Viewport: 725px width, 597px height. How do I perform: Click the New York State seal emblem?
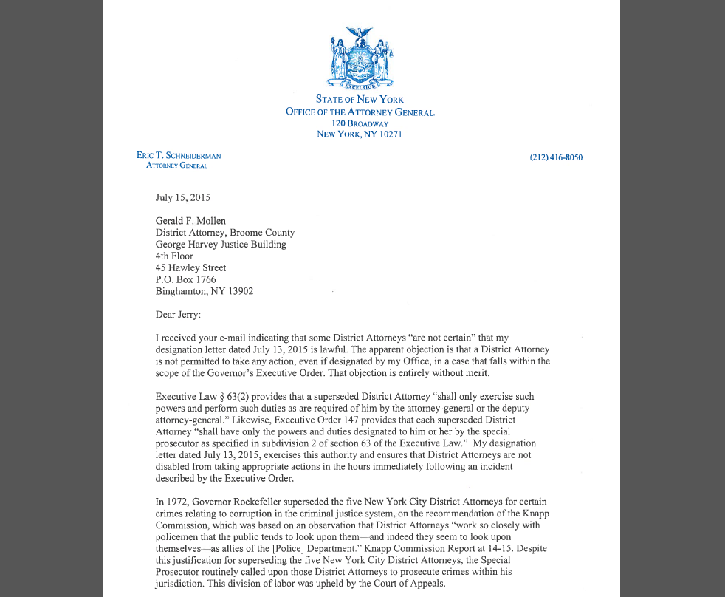coord(360,61)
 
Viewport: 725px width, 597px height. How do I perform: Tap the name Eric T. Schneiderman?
coord(179,156)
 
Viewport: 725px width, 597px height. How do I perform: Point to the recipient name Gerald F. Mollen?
coord(190,221)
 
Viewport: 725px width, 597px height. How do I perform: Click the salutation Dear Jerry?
coord(178,315)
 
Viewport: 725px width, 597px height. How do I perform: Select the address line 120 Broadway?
coord(360,123)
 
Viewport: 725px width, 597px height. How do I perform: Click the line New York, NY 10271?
coord(360,134)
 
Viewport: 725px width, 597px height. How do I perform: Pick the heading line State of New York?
coord(360,99)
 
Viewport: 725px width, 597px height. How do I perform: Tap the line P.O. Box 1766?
coord(185,279)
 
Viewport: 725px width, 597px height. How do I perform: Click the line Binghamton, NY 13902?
coord(204,291)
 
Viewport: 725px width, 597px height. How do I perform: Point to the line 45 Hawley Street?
coord(190,267)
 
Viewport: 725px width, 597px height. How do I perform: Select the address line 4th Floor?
coord(174,256)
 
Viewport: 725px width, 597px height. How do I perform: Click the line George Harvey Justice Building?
coord(221,245)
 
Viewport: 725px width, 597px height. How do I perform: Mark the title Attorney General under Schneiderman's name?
coord(177,166)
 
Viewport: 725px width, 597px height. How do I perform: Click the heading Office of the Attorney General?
coord(360,112)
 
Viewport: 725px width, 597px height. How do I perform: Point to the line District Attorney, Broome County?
coord(224,233)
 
